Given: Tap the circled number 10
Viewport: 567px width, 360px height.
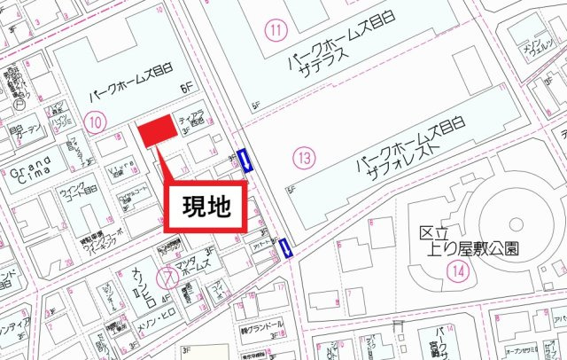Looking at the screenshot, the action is coord(97,120).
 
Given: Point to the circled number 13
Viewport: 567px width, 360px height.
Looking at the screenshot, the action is coord(304,158).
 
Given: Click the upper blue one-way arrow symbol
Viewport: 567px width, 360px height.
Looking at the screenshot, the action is coord(247,160).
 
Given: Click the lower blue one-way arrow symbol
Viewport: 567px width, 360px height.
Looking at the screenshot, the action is coord(286,248).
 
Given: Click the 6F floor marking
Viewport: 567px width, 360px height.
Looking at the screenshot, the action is coord(186,88).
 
